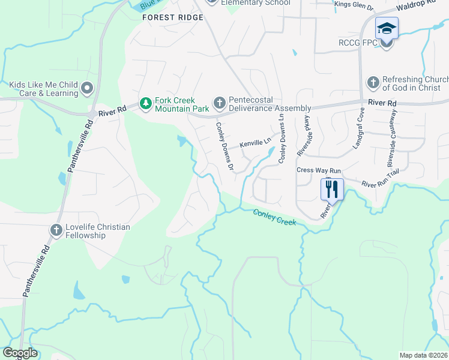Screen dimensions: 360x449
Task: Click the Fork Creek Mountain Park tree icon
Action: coord(145,104)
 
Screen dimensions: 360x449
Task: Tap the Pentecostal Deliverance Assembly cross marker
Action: coord(219,103)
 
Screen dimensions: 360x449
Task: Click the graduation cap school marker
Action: coord(387,28)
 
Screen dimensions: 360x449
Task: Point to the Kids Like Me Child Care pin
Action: coord(87,89)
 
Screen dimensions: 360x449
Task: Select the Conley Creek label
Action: coord(274,217)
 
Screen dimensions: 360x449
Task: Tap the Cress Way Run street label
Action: coord(319,170)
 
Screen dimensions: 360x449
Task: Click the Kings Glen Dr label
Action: coord(354,5)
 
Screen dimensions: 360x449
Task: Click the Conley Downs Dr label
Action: coord(224,146)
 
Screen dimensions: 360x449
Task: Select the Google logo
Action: coord(20,353)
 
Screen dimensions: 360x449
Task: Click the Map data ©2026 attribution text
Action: coord(423,355)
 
